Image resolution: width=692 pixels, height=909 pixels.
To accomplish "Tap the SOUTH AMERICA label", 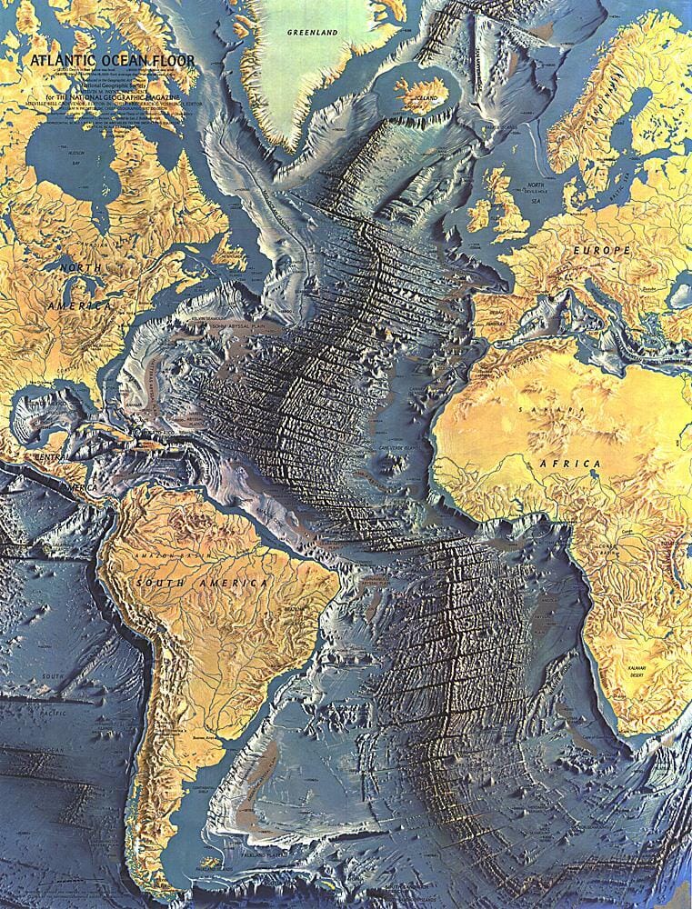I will pyautogui.click(x=201, y=582).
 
